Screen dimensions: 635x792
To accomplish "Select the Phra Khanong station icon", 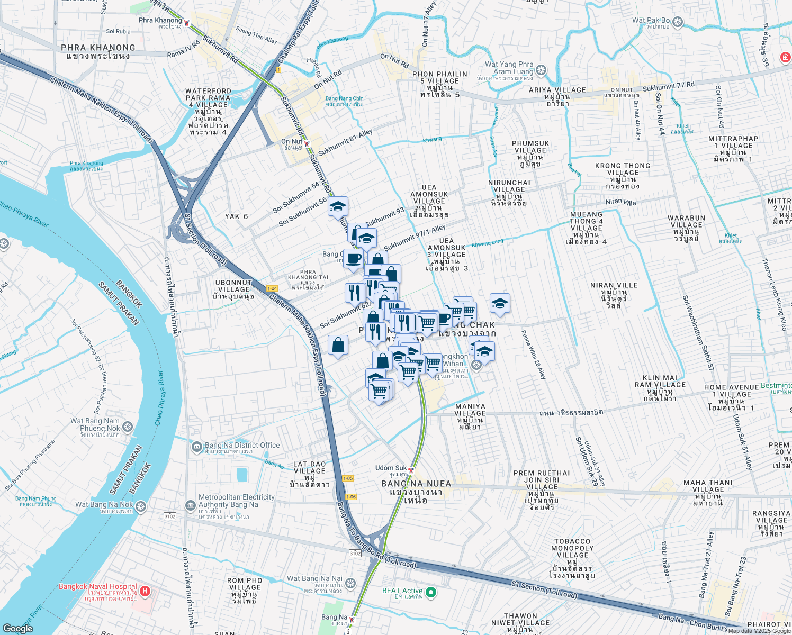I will [186, 23].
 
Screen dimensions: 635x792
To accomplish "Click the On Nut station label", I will [292, 141].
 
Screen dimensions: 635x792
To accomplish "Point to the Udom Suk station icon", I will [411, 470].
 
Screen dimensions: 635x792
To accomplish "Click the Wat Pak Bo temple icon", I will [678, 23].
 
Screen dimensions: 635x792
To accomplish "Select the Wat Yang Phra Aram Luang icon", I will [541, 70].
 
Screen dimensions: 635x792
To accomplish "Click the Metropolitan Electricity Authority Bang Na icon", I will [191, 505].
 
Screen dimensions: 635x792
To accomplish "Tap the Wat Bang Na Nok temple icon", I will [140, 507].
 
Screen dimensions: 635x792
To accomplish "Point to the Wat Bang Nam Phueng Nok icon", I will [128, 427].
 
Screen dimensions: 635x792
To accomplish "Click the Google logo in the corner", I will [18, 628].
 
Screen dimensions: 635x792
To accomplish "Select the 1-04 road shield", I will [272, 288].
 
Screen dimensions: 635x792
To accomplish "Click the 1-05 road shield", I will [347, 478].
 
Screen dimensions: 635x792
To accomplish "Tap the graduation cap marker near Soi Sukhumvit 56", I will [338, 206].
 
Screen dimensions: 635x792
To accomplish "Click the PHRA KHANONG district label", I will [98, 51].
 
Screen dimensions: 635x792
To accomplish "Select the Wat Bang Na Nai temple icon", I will [350, 583].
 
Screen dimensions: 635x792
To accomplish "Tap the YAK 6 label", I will [236, 216].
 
